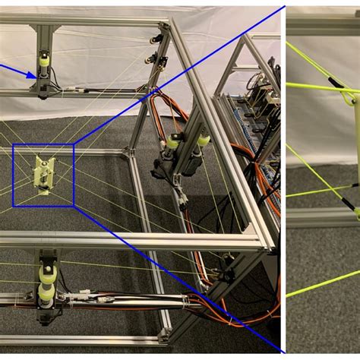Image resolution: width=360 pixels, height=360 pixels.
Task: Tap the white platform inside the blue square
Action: (x=43, y=174)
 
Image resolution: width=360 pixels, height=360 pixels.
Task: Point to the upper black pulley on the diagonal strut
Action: (x=157, y=39)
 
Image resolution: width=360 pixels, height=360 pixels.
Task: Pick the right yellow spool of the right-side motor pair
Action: (x=203, y=141)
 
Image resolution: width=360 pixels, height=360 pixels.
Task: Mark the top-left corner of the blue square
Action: (x=13, y=144)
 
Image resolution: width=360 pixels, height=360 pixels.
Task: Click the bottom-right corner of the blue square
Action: (x=74, y=206)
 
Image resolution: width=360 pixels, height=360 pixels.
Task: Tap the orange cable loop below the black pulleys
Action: (x=159, y=114)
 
